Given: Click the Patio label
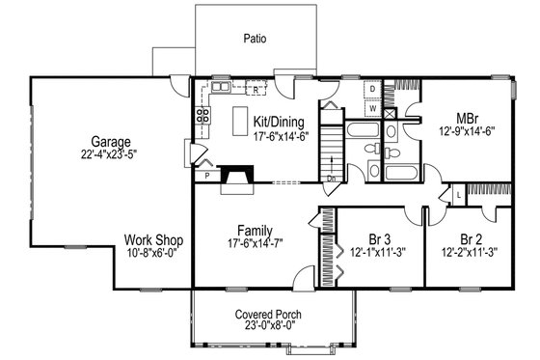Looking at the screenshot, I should click(255, 40).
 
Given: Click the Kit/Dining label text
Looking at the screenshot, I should click(279, 122).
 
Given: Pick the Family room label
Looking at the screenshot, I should click(255, 231).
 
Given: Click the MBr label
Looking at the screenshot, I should click(467, 116).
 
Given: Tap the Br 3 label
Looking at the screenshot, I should click(365, 238).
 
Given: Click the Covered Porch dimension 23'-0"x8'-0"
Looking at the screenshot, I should click(255, 327).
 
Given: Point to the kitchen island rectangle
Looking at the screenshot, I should click(239, 120).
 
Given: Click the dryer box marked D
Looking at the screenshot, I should click(372, 88).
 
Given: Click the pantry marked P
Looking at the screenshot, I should click(205, 177).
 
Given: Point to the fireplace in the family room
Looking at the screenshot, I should click(235, 178).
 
